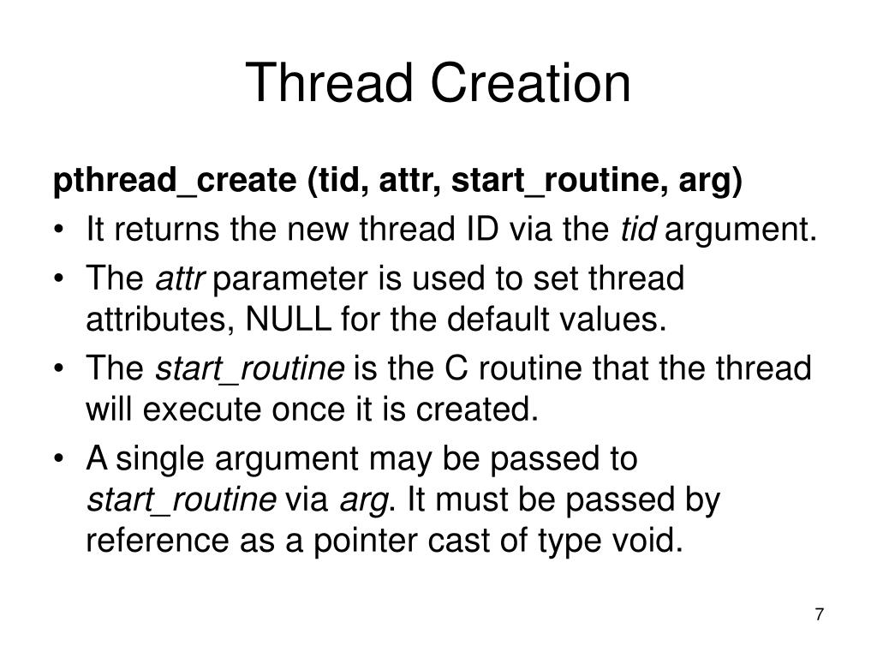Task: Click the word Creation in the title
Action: click(531, 84)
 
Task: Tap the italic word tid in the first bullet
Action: click(639, 230)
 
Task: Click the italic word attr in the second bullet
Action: click(175, 278)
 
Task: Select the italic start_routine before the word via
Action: click(182, 499)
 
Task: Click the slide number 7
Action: click(820, 615)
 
